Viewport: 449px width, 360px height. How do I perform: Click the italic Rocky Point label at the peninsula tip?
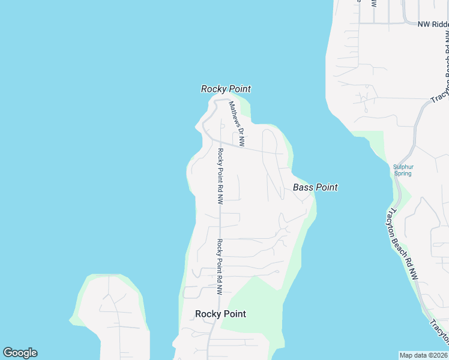click(x=225, y=89)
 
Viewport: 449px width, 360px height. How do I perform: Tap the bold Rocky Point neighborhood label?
click(x=220, y=314)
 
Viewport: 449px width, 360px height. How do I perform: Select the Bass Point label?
click(x=315, y=188)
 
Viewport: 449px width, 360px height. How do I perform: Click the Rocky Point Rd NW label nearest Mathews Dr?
click(x=220, y=176)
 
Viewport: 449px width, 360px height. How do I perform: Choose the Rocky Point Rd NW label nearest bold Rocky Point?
click(x=220, y=266)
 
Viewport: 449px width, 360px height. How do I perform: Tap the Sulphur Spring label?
click(x=403, y=170)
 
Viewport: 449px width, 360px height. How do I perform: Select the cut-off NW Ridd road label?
click(x=433, y=24)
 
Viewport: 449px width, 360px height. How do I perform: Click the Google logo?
click(x=20, y=353)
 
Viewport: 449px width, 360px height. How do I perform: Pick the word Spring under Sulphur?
click(x=403, y=173)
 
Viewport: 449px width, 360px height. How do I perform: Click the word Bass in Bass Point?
click(x=303, y=188)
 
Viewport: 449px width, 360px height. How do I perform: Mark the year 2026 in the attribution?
click(x=439, y=355)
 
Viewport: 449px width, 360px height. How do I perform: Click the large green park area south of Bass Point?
click(x=255, y=309)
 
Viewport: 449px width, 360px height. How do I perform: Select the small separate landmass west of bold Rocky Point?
click(x=111, y=318)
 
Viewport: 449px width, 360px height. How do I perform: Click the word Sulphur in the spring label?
click(x=403, y=167)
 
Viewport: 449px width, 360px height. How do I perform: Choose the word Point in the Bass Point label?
click(x=326, y=188)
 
